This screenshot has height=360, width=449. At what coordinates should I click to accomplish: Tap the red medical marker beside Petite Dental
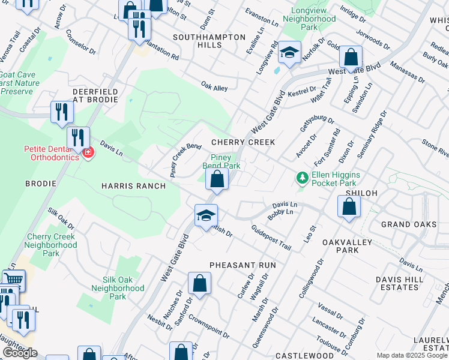pyautogui.click(x=88, y=153)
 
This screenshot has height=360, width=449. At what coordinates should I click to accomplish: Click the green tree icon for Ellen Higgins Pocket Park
pyautogui.click(x=302, y=178)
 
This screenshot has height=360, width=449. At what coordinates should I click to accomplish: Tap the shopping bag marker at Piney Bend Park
pyautogui.click(x=217, y=179)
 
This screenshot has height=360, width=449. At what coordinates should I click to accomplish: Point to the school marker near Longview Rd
pyautogui.click(x=289, y=53)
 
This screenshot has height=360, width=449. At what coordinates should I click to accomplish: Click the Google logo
pyautogui.click(x=20, y=353)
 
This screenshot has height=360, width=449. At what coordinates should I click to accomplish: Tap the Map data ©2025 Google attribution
pyautogui.click(x=412, y=355)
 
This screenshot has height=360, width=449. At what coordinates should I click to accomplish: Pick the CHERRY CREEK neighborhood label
pyautogui.click(x=243, y=142)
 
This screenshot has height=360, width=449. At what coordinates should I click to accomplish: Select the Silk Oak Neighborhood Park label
pyautogui.click(x=118, y=288)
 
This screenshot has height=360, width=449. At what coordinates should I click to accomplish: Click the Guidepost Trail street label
pyautogui.click(x=271, y=238)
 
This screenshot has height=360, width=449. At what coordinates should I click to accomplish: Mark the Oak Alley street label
pyautogui.click(x=214, y=88)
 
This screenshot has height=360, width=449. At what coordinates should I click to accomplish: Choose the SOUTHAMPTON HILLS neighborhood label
pyautogui.click(x=209, y=41)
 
